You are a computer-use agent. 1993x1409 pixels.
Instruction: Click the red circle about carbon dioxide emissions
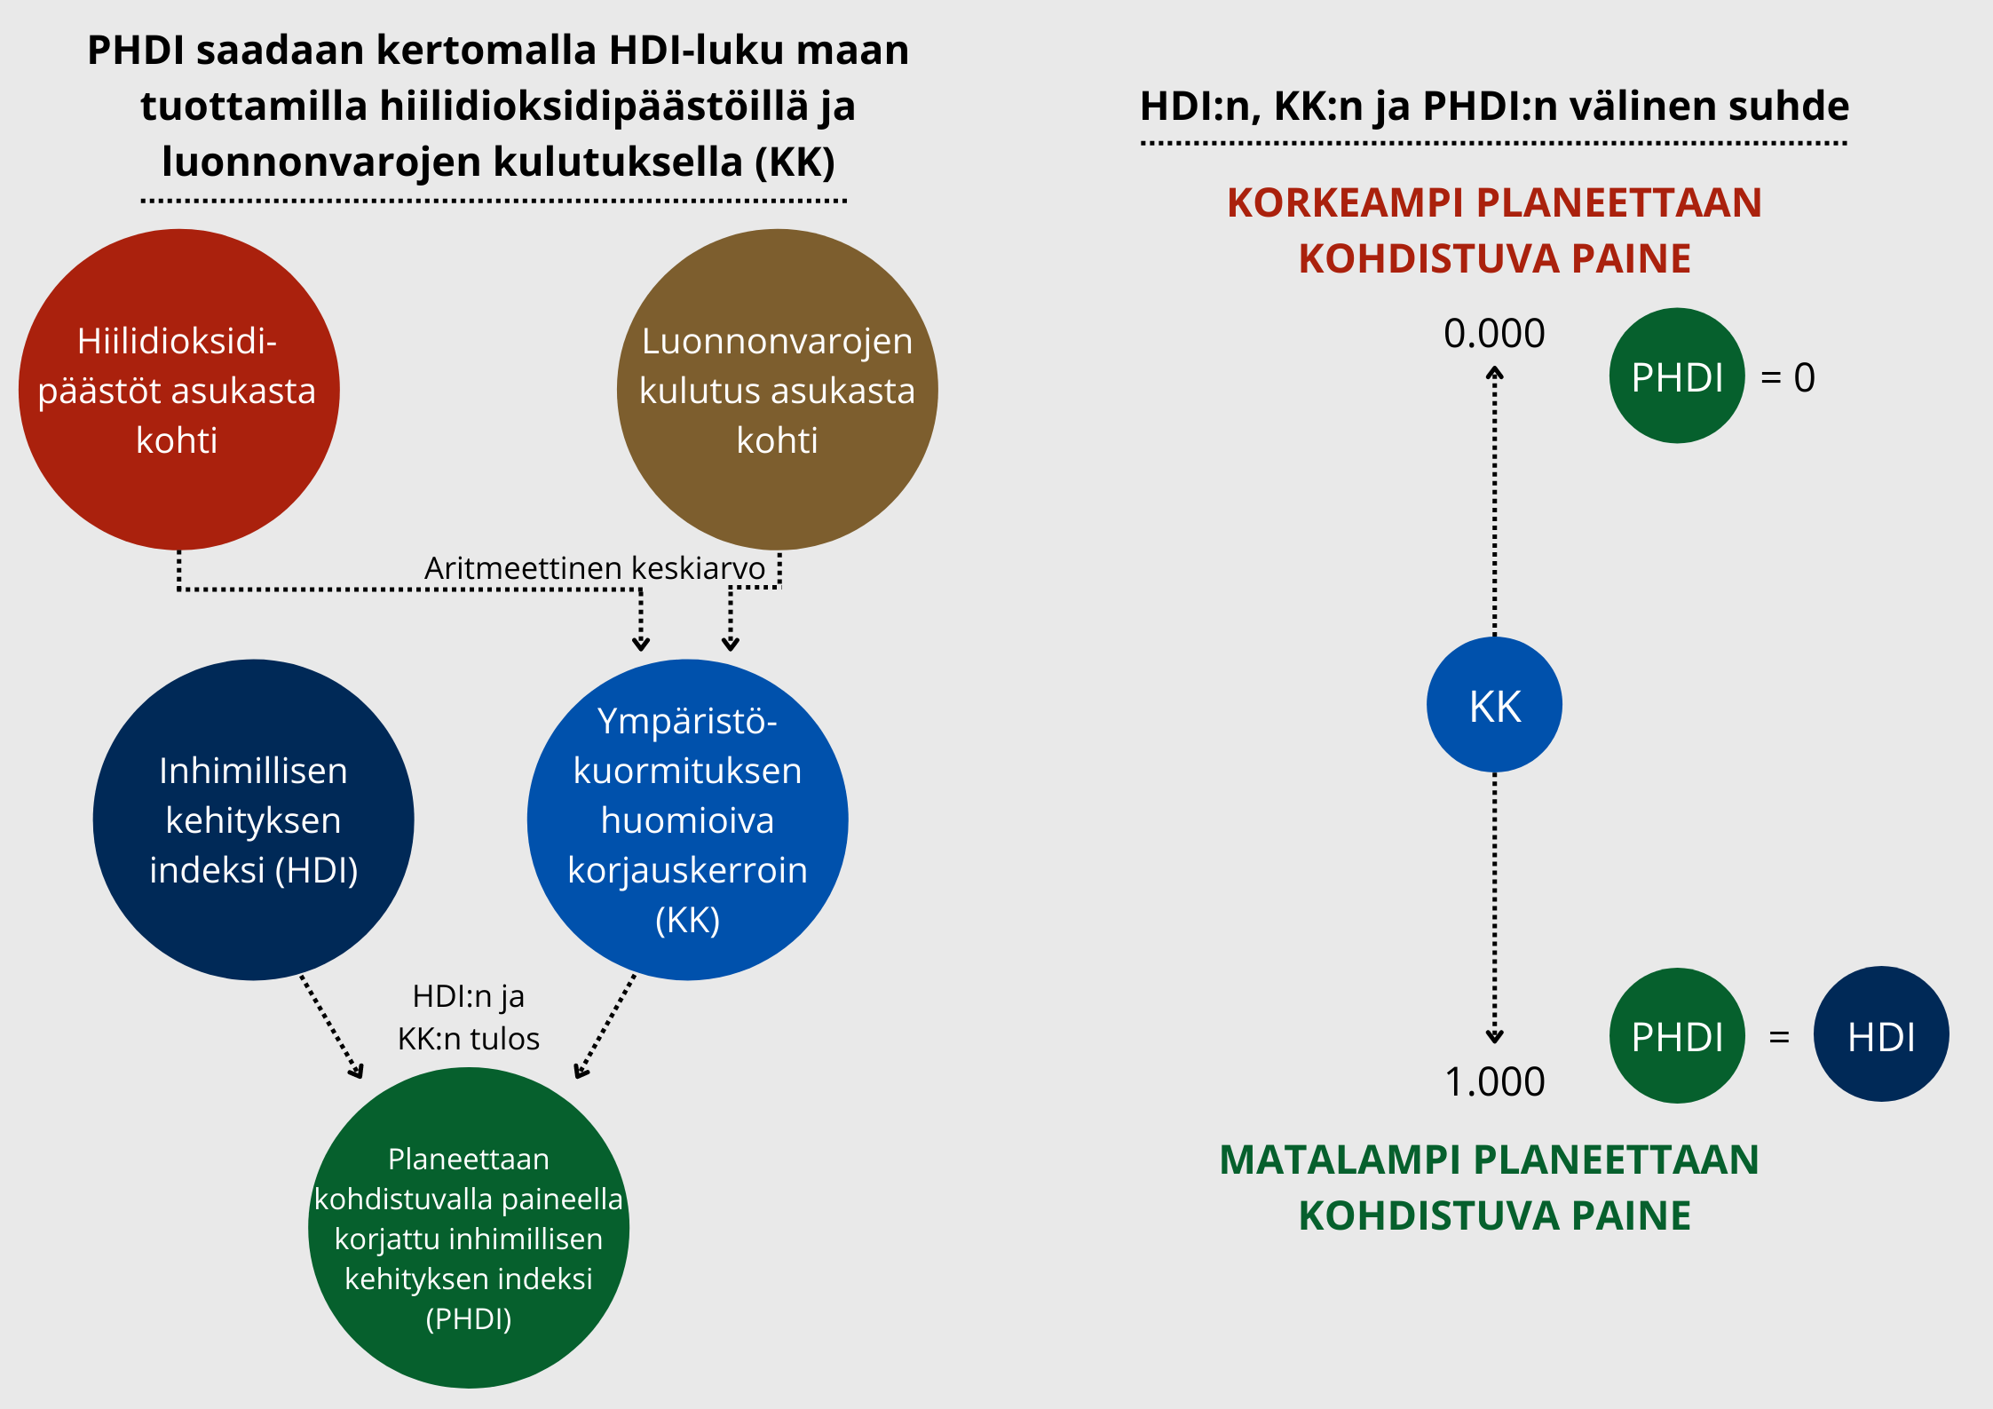[179, 390]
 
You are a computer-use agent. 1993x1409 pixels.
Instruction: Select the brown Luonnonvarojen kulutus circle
[778, 390]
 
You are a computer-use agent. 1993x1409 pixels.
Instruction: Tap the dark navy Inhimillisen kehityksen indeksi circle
[254, 819]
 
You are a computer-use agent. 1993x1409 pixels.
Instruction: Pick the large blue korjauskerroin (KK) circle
[688, 819]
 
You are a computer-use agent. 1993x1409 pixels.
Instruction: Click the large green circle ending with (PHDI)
[469, 1228]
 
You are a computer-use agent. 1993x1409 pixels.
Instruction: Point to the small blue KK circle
[1495, 705]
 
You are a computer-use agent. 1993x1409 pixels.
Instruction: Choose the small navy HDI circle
[1881, 1034]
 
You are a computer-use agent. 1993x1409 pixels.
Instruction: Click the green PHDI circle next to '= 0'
[1677, 376]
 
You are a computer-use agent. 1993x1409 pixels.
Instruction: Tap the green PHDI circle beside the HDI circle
[1677, 1035]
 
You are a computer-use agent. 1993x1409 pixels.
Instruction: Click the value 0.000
[1495, 334]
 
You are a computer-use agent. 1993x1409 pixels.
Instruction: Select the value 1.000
[1495, 1082]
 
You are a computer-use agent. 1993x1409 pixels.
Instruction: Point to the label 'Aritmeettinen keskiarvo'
[595, 568]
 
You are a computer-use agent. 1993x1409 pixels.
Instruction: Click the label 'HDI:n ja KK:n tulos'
[469, 1017]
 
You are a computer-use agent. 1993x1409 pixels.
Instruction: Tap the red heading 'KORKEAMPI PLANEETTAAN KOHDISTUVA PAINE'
[1495, 231]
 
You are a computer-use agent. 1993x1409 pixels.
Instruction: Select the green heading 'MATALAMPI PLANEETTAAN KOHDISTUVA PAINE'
[1491, 1188]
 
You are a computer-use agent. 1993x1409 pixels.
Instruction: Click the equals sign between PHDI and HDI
[1779, 1037]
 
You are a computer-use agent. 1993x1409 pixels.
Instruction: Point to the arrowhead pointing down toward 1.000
[1495, 1036]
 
